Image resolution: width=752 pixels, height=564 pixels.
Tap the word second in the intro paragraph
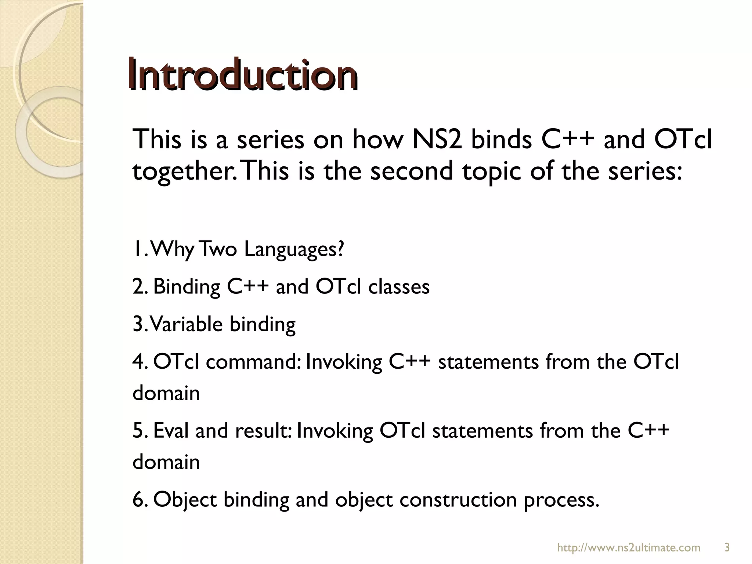click(x=411, y=171)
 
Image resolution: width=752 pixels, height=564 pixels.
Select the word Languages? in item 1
click(x=294, y=250)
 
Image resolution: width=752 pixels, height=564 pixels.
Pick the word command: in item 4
click(x=253, y=362)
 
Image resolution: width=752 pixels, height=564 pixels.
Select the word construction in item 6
click(x=458, y=500)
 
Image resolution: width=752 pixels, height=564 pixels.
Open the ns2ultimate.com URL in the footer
click(x=629, y=548)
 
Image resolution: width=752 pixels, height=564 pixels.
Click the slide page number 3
click(x=726, y=548)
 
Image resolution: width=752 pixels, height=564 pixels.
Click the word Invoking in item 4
click(x=344, y=362)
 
